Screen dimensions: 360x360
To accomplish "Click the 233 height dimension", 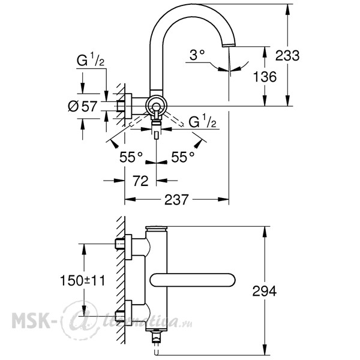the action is [x=287, y=56].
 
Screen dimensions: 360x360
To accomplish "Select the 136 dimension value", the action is [x=265, y=77].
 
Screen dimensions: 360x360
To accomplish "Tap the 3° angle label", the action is [x=197, y=55].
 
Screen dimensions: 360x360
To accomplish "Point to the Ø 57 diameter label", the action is [x=83, y=106].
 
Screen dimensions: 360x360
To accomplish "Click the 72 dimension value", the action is [x=140, y=181].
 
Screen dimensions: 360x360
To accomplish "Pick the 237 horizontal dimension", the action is [x=176, y=200].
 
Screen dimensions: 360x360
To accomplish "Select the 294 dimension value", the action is [x=264, y=291].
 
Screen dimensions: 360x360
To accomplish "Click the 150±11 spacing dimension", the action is [x=82, y=280].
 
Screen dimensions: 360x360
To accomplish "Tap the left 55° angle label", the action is [x=131, y=157].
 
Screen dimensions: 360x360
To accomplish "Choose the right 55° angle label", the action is [x=183, y=157].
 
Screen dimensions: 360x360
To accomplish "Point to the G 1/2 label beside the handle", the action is [x=202, y=121].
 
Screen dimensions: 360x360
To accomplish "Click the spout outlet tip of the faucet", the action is [x=229, y=45].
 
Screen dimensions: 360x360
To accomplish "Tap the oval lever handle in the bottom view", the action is [x=193, y=280].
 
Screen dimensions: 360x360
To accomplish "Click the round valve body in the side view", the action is [x=156, y=107].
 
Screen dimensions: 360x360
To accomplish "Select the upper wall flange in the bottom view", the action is [x=128, y=247].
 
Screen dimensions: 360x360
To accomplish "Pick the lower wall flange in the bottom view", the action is [x=128, y=313].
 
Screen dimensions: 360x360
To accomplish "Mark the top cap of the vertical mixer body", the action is [x=156, y=229].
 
